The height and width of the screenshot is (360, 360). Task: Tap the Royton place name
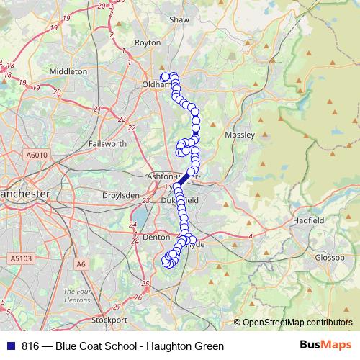[x=147, y=42]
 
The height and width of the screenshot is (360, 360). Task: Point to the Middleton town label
[x=69, y=72]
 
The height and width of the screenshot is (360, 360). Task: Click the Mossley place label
[x=240, y=135]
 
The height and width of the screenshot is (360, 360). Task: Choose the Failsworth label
[x=107, y=143]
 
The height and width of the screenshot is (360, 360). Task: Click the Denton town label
[x=156, y=236]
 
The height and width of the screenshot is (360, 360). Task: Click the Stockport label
[x=109, y=319]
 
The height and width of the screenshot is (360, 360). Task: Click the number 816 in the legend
[x=31, y=346]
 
